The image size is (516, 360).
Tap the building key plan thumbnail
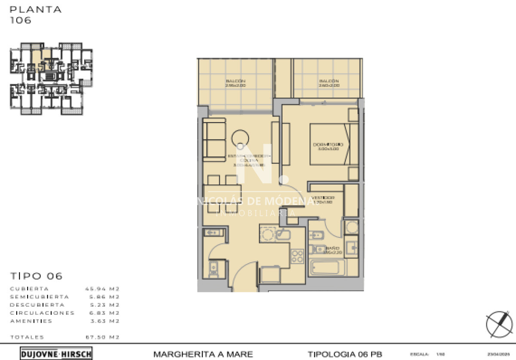point(51,79)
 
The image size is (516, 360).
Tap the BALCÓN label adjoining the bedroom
point(329,83)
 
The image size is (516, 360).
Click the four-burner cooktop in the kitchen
point(298,256)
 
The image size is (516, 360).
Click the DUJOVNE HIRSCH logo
point(56,354)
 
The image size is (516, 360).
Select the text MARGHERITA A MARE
point(203,354)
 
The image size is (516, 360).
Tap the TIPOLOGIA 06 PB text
point(345,354)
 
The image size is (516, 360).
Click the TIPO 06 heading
point(36,276)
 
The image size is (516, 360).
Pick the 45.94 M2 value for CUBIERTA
point(102,289)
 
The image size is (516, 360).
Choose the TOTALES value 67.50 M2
point(102,337)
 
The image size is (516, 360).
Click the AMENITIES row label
point(31,321)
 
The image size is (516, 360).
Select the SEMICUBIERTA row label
point(39,297)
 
